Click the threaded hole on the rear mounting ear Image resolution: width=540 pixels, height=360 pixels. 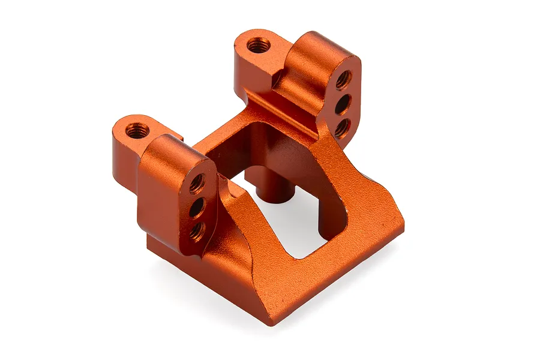click(x=259, y=45)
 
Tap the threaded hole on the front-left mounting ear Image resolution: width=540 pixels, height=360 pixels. click(x=137, y=130)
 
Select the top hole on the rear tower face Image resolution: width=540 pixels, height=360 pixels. click(x=344, y=79)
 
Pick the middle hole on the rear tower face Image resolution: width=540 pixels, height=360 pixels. click(x=342, y=104)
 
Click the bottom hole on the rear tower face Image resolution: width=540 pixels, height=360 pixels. click(x=341, y=127)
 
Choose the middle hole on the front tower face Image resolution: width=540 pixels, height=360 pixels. click(x=196, y=208)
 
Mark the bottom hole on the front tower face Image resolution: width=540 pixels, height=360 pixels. click(x=196, y=230)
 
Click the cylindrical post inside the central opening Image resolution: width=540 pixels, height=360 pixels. click(x=277, y=189)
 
